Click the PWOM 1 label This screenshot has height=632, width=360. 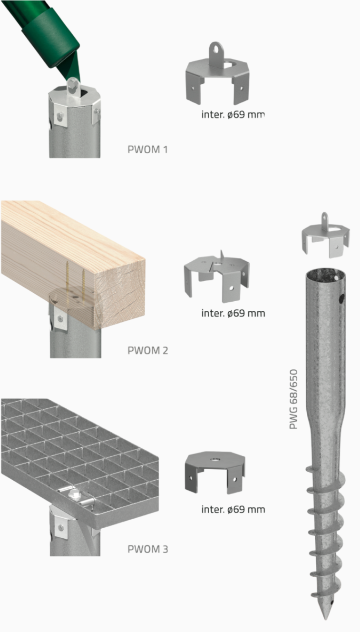(x=147, y=149)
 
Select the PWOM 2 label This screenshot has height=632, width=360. (x=147, y=351)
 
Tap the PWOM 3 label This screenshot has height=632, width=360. (x=147, y=549)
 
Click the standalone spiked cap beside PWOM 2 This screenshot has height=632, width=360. (x=216, y=276)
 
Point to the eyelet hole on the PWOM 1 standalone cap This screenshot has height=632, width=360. (x=215, y=49)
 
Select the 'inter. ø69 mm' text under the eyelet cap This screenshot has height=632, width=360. (x=232, y=115)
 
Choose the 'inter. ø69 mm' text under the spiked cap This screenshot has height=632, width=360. (x=233, y=313)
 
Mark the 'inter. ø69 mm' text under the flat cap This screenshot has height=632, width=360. (x=233, y=510)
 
